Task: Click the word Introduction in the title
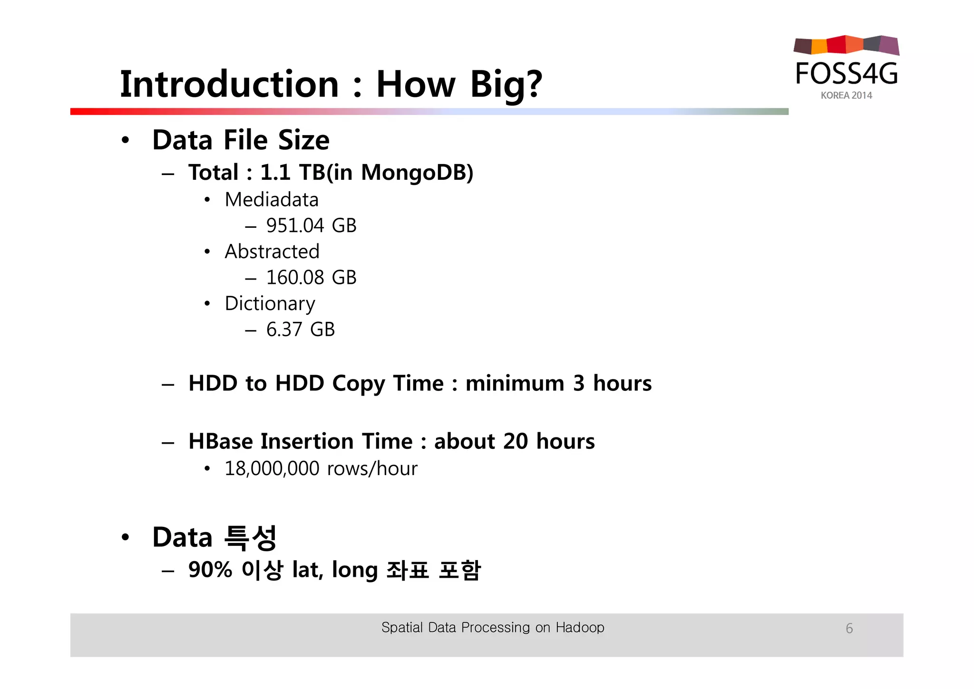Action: click(x=229, y=84)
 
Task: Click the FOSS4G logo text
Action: click(x=847, y=74)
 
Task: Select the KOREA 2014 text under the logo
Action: click(x=846, y=96)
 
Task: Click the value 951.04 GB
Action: click(x=311, y=225)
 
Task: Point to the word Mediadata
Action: click(x=272, y=200)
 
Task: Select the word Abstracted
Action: click(x=272, y=252)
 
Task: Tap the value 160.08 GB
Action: click(x=311, y=278)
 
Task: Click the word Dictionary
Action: click(x=270, y=304)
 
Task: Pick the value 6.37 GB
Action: click(x=300, y=330)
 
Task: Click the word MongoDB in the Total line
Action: click(x=414, y=173)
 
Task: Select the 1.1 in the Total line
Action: click(x=275, y=173)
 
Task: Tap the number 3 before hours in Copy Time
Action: click(x=578, y=383)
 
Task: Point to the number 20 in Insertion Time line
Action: click(x=515, y=441)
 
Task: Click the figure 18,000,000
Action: click(x=272, y=469)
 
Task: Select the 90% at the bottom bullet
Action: click(x=210, y=570)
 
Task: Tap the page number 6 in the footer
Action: click(x=849, y=629)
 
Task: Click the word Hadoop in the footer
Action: click(x=580, y=628)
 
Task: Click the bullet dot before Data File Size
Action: click(x=125, y=140)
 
